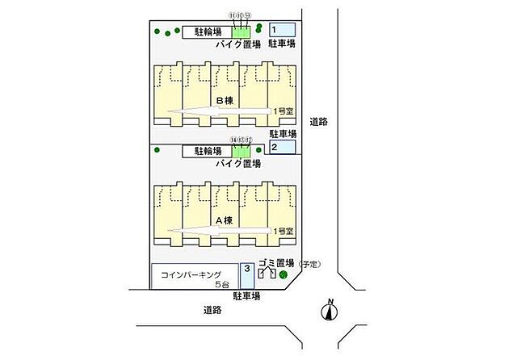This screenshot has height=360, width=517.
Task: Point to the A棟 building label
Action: pyautogui.click(x=224, y=219)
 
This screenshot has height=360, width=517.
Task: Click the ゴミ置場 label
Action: pyautogui.click(x=276, y=264)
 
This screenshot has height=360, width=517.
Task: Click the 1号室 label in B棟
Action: pyautogui.click(x=284, y=112)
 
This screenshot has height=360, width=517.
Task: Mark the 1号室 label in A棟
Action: pyautogui.click(x=284, y=231)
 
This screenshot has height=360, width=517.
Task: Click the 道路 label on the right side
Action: pyautogui.click(x=319, y=122)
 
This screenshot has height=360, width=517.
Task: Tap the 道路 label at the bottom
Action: pyautogui.click(x=212, y=309)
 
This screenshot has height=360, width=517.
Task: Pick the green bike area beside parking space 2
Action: pyautogui.click(x=242, y=151)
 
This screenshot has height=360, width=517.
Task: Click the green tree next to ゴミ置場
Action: pyautogui.click(x=283, y=275)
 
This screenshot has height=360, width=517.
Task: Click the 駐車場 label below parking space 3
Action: pyautogui.click(x=246, y=296)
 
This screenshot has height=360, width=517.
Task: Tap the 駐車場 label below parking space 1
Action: pyautogui.click(x=283, y=45)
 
